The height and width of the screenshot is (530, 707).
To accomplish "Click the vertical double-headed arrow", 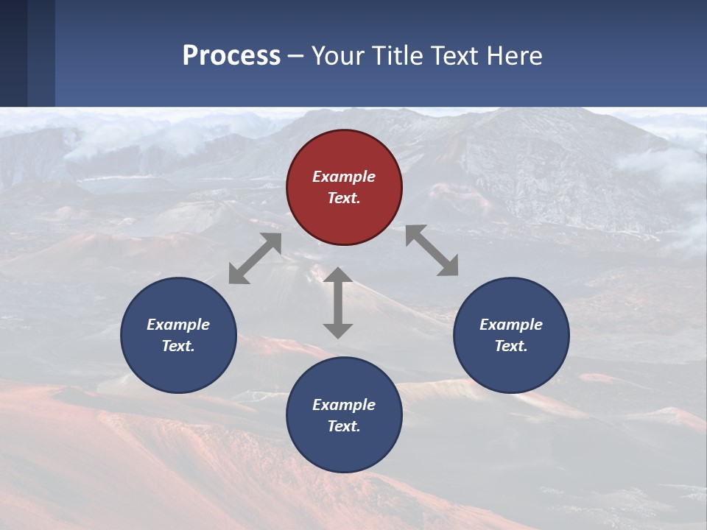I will [x=338, y=303].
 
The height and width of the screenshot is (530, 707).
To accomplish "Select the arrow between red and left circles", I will [x=255, y=258].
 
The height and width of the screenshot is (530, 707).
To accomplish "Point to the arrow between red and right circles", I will [x=432, y=250].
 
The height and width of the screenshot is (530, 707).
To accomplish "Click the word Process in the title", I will [x=231, y=55].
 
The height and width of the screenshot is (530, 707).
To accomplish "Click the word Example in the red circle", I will [x=344, y=177].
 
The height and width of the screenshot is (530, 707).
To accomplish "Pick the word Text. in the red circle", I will [x=344, y=198].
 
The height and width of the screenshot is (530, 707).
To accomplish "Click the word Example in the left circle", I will [x=178, y=325].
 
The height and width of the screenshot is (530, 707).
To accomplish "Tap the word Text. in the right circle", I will [x=511, y=346].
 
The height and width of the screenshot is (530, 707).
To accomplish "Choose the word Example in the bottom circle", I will [x=344, y=405].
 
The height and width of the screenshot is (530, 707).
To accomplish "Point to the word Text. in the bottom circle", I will [x=344, y=426].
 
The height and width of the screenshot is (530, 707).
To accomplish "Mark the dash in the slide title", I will [x=296, y=56].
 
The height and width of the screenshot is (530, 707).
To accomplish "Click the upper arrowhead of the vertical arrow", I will [x=338, y=275].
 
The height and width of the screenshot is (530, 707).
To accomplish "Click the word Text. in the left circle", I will [x=178, y=346].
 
